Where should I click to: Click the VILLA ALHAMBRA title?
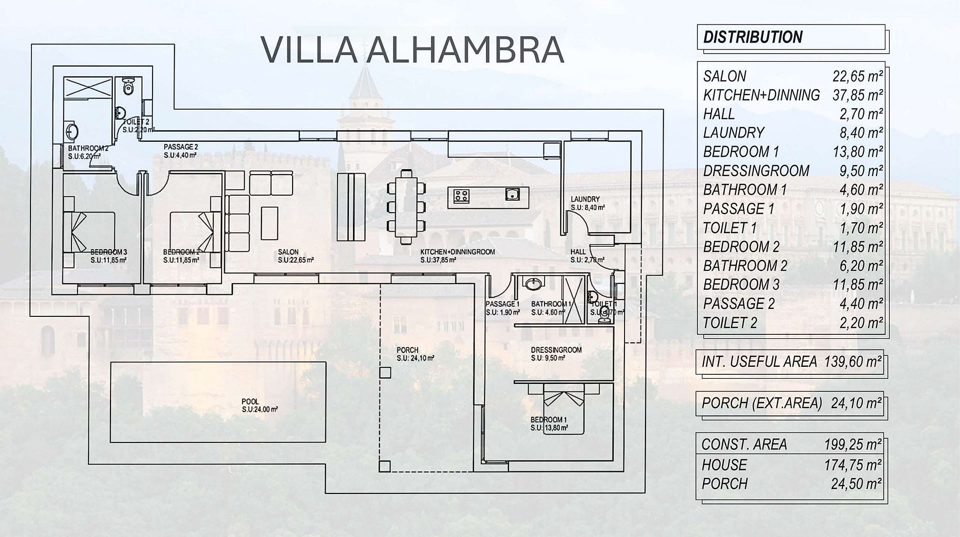coord(412,49)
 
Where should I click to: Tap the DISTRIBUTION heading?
coord(752,37)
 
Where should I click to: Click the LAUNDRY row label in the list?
coord(733,133)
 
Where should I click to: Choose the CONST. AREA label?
coord(743,444)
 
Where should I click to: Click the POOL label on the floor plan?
coord(250,401)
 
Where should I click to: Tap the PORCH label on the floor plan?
coord(407,350)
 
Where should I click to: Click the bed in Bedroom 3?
coord(90,232)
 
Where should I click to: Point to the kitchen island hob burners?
coord(461,195)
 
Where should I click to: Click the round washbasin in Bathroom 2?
coord(72,132)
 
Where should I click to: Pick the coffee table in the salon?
coord(270,223)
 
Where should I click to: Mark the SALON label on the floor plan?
coord(288,252)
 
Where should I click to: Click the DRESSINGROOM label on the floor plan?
coord(556,350)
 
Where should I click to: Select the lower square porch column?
coord(384,466)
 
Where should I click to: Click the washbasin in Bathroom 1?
coord(533,284)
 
